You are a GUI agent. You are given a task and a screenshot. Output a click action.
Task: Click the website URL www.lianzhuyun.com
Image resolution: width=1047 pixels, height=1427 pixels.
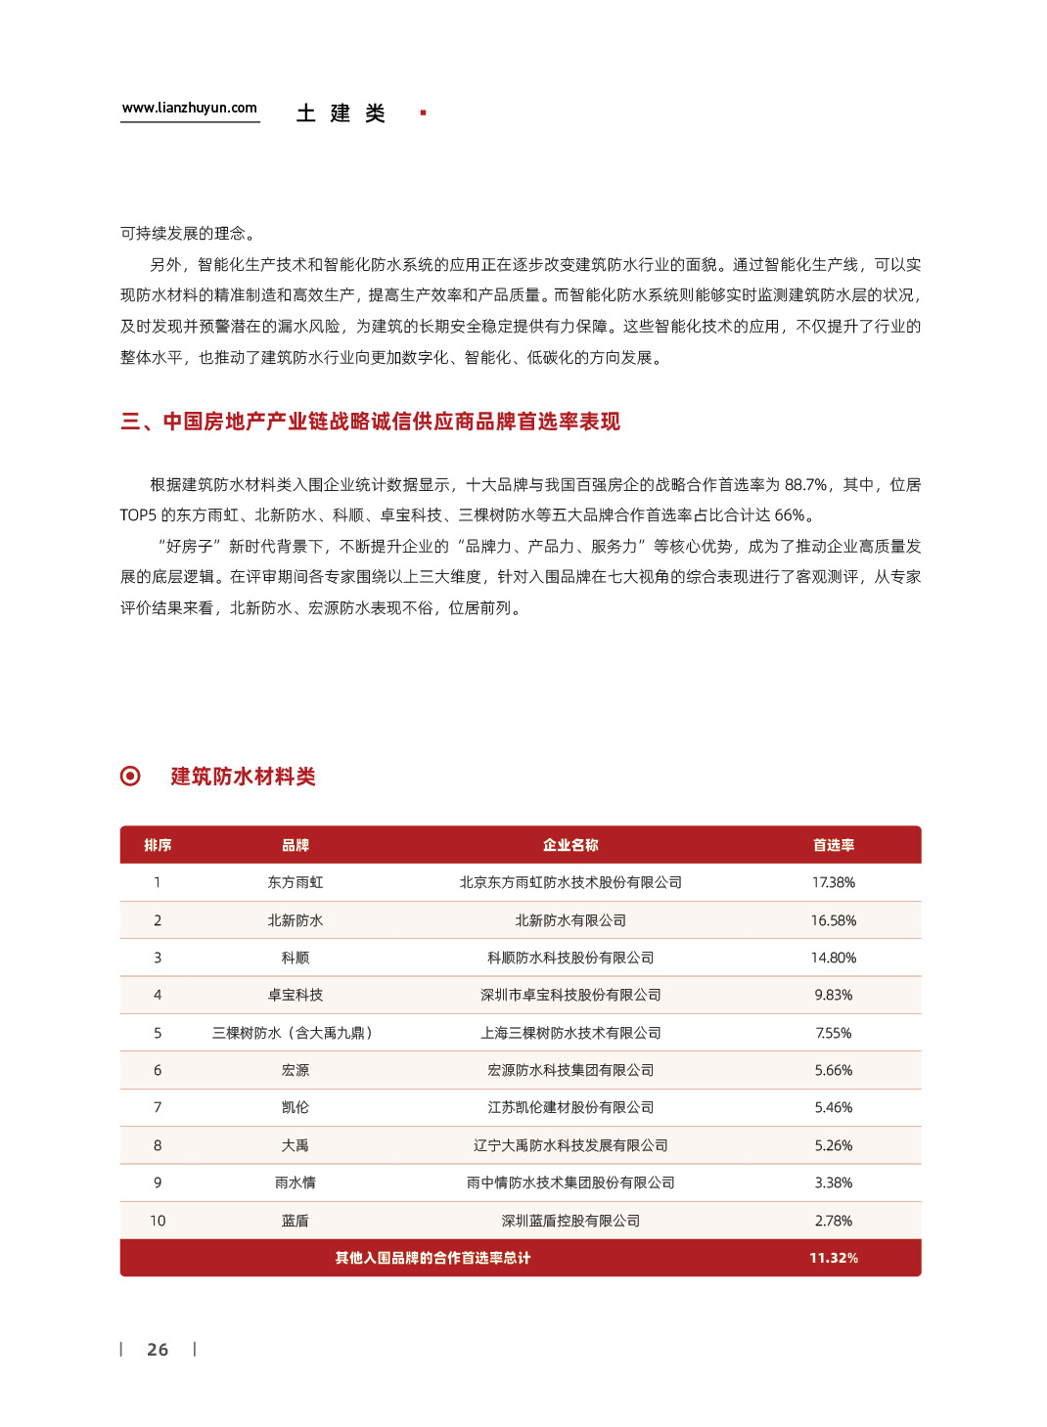[189, 108]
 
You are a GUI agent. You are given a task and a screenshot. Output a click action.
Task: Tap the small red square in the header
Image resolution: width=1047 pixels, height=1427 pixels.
[423, 113]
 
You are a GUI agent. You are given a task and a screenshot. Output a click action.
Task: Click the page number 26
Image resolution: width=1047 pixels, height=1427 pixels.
[158, 1350]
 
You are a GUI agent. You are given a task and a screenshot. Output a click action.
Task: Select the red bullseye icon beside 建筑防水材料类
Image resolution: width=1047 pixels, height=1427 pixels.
[130, 776]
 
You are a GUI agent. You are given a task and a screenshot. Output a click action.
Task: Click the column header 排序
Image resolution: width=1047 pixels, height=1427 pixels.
[158, 845]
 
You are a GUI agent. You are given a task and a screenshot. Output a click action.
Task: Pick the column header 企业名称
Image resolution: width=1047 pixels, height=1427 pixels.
[570, 845]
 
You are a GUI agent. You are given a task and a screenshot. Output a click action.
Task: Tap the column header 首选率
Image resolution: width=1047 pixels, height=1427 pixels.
[834, 845]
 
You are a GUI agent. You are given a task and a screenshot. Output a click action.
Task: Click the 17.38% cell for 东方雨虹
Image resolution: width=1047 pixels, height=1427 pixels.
[834, 882]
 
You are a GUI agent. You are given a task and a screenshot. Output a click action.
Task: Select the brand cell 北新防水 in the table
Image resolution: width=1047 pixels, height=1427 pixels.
[296, 920]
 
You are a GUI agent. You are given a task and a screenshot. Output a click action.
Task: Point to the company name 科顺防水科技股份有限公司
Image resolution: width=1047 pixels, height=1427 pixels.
[570, 958]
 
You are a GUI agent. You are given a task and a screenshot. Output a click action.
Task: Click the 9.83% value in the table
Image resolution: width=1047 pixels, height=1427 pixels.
[834, 995]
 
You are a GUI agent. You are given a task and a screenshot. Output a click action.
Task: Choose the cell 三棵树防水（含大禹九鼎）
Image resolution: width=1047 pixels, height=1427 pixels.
[296, 1033]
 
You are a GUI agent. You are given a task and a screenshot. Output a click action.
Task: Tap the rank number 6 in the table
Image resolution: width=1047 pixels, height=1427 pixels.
[158, 1070]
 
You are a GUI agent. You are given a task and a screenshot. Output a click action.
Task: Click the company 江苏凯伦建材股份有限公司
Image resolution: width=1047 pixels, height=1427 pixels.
[570, 1107]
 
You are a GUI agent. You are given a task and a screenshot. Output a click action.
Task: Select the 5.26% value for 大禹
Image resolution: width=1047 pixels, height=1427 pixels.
[834, 1145]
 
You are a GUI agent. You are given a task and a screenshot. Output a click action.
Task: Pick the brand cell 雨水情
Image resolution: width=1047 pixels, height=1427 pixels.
[296, 1182]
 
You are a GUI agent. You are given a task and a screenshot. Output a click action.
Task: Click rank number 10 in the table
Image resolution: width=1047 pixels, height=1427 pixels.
[158, 1221]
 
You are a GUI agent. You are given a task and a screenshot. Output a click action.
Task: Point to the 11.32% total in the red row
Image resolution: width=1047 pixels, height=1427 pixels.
[834, 1258]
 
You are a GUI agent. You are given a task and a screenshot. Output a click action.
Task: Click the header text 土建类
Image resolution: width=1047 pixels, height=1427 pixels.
[341, 113]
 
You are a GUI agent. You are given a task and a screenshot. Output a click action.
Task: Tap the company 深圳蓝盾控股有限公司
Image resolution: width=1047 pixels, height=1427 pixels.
[570, 1221]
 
